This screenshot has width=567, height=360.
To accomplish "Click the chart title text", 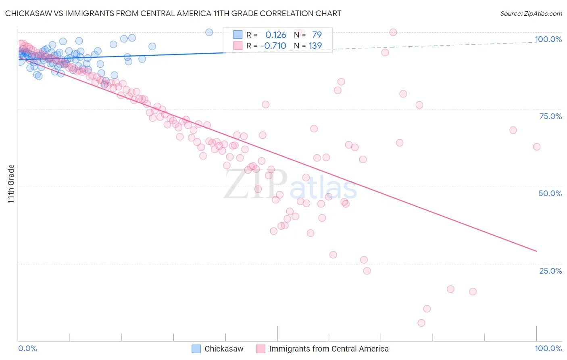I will tap(173, 13).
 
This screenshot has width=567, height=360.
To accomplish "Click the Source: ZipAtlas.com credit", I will tap(531, 13).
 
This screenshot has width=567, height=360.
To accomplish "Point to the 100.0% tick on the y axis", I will tap(548, 39).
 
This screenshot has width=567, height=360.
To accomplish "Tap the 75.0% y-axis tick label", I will tap(550, 116).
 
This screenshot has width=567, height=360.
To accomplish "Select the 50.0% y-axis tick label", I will tap(550, 193).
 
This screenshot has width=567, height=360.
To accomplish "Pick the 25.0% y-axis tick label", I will tap(550, 270).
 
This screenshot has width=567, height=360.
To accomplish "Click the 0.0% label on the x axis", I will tap(27, 348).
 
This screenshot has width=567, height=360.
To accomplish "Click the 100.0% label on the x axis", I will tap(548, 348).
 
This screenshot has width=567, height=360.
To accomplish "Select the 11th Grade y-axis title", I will tap(11, 184).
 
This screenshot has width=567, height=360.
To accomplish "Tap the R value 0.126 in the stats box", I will tap(276, 35).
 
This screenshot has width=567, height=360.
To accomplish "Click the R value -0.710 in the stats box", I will tap(273, 46).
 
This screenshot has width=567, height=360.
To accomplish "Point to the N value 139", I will tap(315, 46).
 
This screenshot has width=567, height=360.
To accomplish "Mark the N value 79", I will tap(317, 35).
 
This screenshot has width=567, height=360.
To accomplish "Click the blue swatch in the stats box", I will tap(238, 35).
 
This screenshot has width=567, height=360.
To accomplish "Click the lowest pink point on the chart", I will tap(421, 323).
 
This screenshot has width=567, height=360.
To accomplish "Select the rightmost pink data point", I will tap(537, 147).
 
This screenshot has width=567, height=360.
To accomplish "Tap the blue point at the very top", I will tap(209, 32).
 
